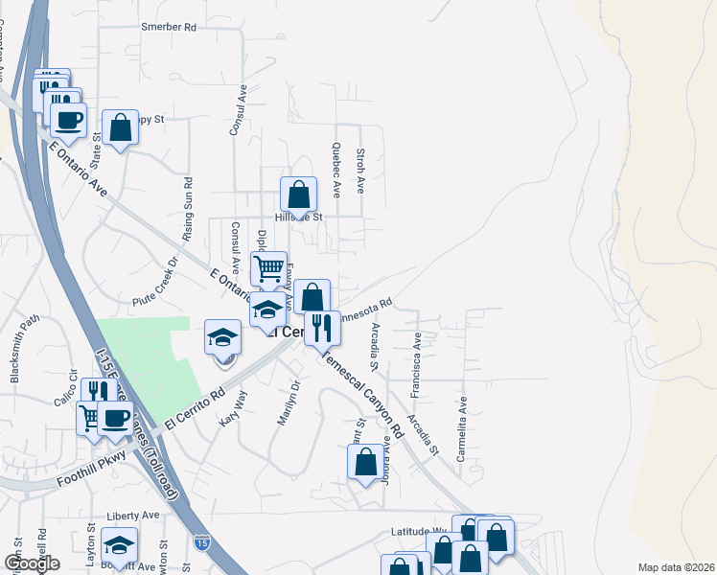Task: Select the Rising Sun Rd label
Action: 188,202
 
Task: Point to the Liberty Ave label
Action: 133,516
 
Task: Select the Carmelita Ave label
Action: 461,430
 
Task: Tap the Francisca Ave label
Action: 416,365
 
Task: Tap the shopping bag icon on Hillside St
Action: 299,195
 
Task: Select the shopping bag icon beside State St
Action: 121,127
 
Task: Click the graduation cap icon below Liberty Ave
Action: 119,546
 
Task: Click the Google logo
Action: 31,563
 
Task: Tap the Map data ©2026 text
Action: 676,567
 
